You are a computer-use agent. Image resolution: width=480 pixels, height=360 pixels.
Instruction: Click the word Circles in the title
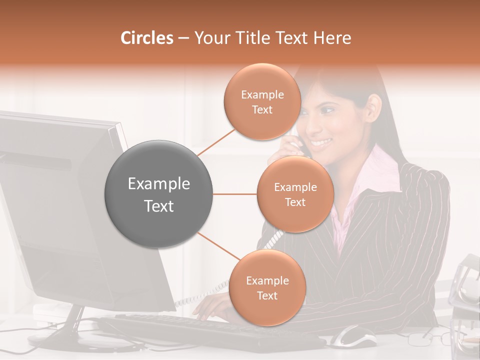pyautogui.click(x=147, y=38)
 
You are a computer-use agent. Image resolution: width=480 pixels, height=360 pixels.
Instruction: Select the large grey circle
pyautogui.click(x=159, y=194)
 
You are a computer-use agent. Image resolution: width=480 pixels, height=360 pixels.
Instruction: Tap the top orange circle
pyautogui.click(x=262, y=102)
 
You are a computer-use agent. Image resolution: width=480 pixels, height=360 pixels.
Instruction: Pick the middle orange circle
pyautogui.click(x=295, y=194)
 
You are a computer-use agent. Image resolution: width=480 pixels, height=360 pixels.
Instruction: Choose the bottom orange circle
pyautogui.click(x=267, y=288)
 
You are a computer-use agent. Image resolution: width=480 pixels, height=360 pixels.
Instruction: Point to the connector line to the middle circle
pyautogui.click(x=235, y=194)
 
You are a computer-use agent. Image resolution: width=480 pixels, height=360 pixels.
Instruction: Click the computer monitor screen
pyautogui.click(x=50, y=210)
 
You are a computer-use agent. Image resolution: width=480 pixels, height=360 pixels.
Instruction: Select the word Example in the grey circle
pyautogui.click(x=159, y=184)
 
